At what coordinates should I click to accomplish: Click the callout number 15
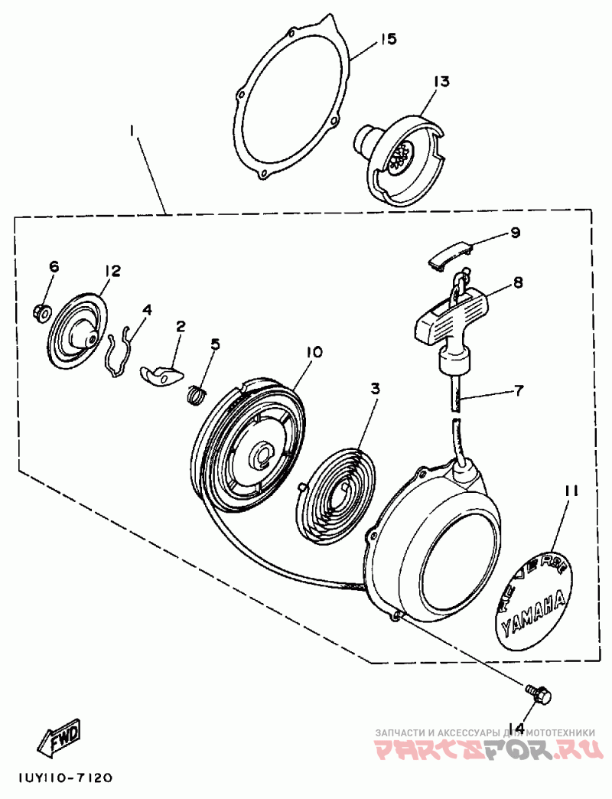pyautogui.click(x=389, y=39)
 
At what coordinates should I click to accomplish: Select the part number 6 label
pyautogui.click(x=54, y=266)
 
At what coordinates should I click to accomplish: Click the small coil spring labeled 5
pyautogui.click(x=197, y=394)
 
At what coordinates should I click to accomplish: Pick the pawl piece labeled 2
pyautogui.click(x=163, y=374)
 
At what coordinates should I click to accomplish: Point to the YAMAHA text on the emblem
pyautogui.click(x=534, y=611)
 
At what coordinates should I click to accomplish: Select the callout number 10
pyautogui.click(x=314, y=352)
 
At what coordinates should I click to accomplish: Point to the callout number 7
pyautogui.click(x=518, y=391)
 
